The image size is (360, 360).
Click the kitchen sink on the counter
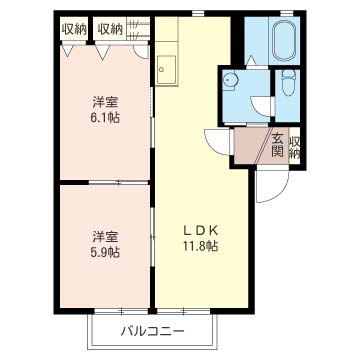(166, 69)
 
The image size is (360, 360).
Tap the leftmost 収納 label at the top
(73, 30)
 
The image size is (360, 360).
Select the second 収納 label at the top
(110, 30)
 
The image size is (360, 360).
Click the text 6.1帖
(104, 117)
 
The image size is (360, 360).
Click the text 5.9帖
(104, 252)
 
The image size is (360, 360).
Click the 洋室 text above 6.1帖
(104, 101)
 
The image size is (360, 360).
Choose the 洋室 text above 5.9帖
(104, 236)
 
